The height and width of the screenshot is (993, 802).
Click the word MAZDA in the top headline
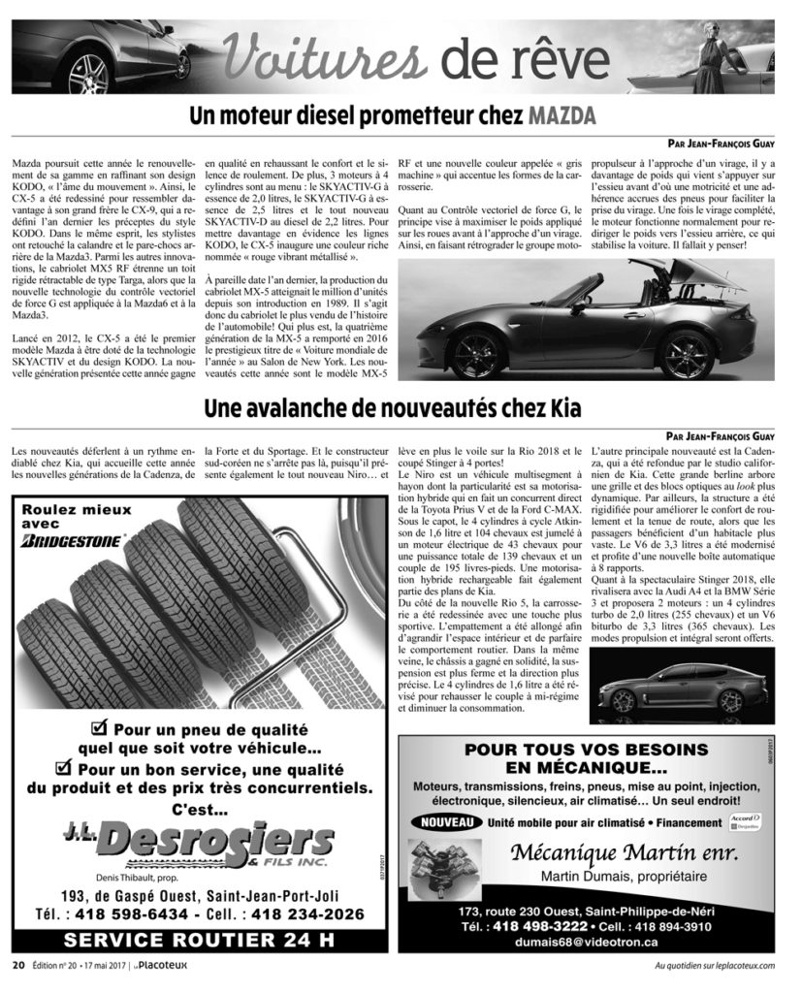[x=561, y=117]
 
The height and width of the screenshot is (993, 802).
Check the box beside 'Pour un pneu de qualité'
[x=97, y=726]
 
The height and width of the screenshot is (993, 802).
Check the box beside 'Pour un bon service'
[x=65, y=767]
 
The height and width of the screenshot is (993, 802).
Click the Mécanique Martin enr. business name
[x=624, y=853]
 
